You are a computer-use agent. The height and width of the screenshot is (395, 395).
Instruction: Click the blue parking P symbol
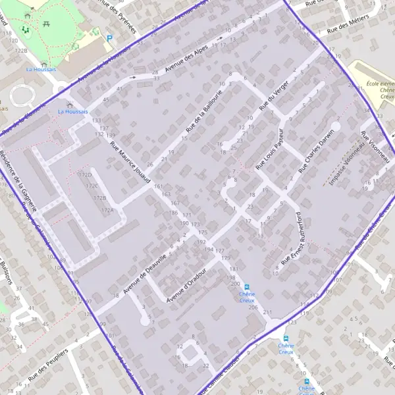(x=110, y=38)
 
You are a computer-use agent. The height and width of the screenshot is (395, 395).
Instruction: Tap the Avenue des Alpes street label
(x=186, y=59)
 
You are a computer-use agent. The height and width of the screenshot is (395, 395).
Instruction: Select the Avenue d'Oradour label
(x=187, y=286)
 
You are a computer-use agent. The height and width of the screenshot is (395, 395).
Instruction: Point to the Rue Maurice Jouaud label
(x=130, y=162)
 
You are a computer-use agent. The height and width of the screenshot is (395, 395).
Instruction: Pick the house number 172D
(x=85, y=175)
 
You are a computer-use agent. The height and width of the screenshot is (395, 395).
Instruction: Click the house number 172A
(x=107, y=210)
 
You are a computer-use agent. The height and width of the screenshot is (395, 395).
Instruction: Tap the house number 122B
(x=22, y=50)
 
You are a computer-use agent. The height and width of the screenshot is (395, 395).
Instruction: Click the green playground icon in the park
(x=26, y=29)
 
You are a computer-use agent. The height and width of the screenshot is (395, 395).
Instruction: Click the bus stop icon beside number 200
(x=247, y=287)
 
